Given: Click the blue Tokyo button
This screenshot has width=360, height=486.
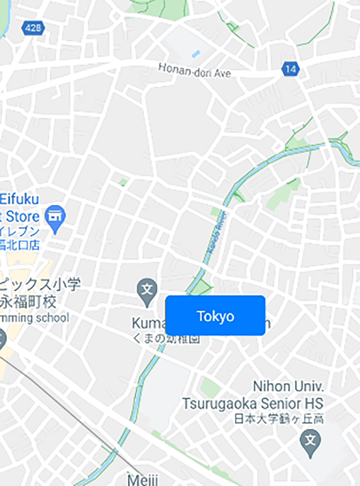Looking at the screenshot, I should point(215,315).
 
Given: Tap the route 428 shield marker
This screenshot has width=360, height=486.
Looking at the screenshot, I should point(33,29).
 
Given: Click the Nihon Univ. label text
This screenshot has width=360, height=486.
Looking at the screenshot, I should point(288,386).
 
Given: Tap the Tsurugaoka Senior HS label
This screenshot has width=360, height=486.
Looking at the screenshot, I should point(252,403).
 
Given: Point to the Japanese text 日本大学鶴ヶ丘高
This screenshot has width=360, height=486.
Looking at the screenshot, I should point(278,419).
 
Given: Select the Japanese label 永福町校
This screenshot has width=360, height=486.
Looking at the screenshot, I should point(29,301).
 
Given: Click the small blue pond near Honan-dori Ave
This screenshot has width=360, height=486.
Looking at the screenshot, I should point(196,53).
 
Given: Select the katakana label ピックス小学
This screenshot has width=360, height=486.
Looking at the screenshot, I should point(39,285).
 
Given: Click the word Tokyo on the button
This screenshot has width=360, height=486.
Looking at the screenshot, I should point(215,316).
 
